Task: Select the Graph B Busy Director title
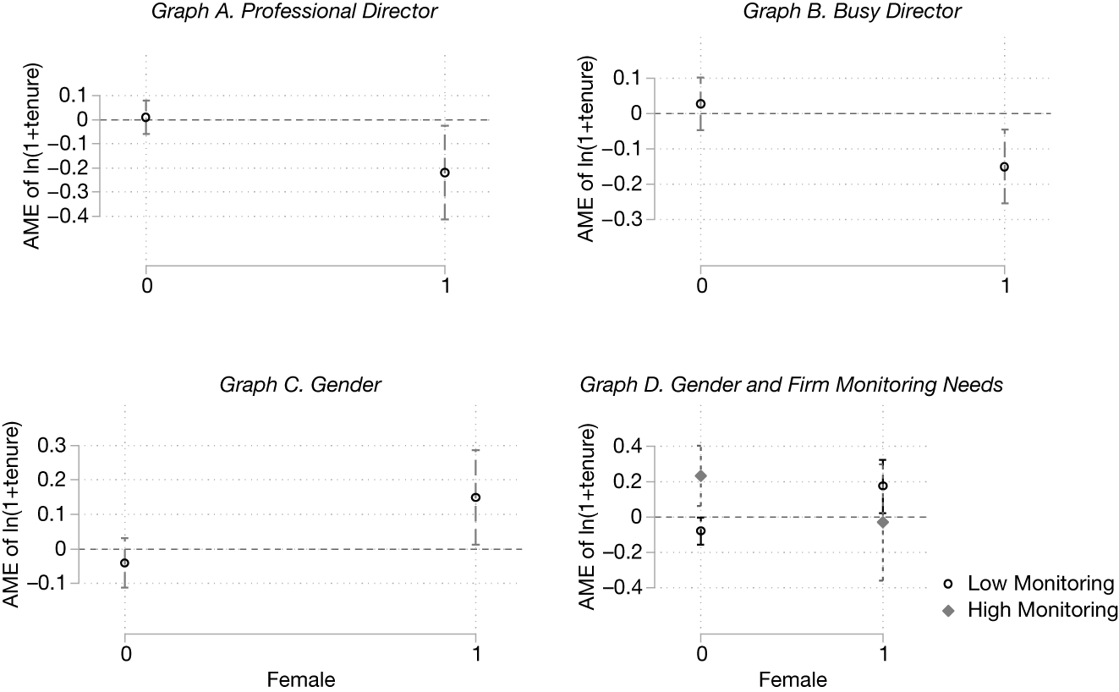tap(853, 13)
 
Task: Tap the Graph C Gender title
tap(300, 386)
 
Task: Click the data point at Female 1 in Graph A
tap(445, 173)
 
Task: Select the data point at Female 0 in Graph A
tap(146, 118)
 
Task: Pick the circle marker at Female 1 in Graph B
tap(1004, 167)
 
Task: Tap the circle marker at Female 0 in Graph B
tap(700, 104)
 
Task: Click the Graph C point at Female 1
tap(475, 497)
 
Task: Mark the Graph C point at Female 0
tap(125, 563)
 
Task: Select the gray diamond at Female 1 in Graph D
tap(883, 523)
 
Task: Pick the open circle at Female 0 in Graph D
tap(700, 531)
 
